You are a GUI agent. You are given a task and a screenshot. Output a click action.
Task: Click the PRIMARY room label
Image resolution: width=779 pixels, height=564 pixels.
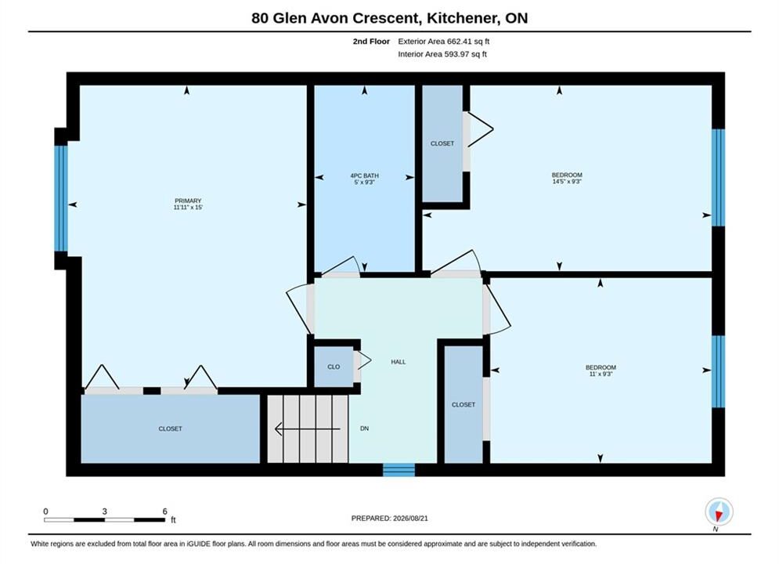(x=188, y=201)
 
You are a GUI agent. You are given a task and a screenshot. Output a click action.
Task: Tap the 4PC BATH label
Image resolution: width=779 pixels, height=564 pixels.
(x=365, y=176)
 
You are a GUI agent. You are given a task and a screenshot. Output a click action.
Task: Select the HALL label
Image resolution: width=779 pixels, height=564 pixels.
(x=399, y=362)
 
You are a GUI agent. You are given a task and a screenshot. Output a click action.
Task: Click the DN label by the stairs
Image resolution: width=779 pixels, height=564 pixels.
(x=364, y=428)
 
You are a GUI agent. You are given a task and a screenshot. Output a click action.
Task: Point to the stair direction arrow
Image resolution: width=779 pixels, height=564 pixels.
(x=308, y=428)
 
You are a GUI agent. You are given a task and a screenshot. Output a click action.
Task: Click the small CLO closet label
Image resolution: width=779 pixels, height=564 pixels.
(x=334, y=367)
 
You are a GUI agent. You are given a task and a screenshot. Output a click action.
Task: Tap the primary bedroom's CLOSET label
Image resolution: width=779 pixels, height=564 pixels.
(x=171, y=428)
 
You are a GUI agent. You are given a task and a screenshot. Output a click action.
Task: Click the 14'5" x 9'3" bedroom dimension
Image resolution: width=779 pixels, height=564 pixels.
(x=567, y=182)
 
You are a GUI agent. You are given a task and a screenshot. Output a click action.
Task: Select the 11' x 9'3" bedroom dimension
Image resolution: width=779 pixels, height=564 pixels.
(x=600, y=374)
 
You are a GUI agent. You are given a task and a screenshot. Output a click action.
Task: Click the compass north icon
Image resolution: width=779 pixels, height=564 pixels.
(x=719, y=512)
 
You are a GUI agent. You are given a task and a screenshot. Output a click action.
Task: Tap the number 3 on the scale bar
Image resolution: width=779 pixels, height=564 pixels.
(x=104, y=512)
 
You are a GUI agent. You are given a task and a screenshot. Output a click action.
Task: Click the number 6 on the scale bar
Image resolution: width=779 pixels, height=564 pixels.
(x=165, y=512)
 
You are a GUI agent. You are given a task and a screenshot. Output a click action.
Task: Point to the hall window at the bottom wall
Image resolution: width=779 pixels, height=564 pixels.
(x=399, y=469)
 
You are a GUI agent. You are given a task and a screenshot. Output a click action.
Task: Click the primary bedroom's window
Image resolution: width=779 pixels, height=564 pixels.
(x=61, y=198)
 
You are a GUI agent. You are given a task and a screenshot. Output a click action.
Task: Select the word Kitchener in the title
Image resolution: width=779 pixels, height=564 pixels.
(x=463, y=18)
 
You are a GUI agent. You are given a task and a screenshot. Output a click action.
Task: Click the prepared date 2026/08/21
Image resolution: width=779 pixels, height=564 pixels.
(x=410, y=519)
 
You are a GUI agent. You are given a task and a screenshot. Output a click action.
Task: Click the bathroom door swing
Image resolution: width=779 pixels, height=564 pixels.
(x=341, y=266)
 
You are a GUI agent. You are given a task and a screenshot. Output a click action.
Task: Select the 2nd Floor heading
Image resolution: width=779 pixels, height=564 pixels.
(x=371, y=42)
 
